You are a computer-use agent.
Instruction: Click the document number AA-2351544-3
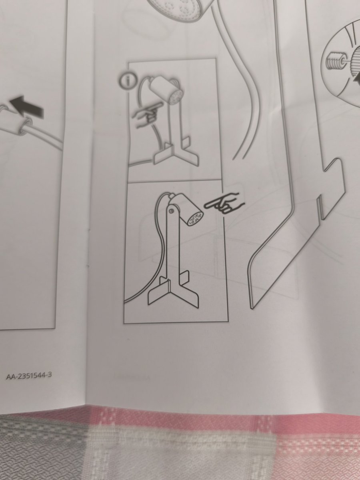tap(30, 376)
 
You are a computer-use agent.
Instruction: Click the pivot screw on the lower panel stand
tap(171, 210)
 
